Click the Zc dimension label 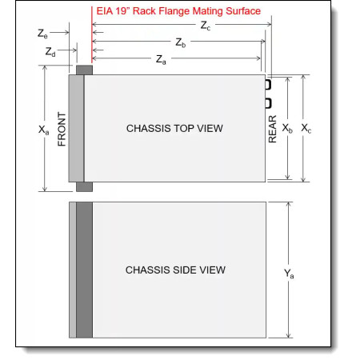[206, 26]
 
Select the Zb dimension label [181, 42]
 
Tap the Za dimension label [161, 60]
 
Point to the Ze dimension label [42, 34]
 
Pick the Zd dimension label [50, 51]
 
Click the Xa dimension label [44, 130]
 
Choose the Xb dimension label [287, 128]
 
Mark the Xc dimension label [306, 128]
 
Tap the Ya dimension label [289, 274]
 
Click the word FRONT [62, 129]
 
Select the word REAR [272, 129]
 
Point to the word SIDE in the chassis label [185, 270]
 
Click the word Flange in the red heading [174, 11]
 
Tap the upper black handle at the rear [268, 84]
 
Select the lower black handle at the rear [268, 103]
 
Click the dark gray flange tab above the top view [84, 70]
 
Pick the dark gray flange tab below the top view [84, 186]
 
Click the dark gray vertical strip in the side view [84, 270]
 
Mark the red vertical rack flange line [92, 35]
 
